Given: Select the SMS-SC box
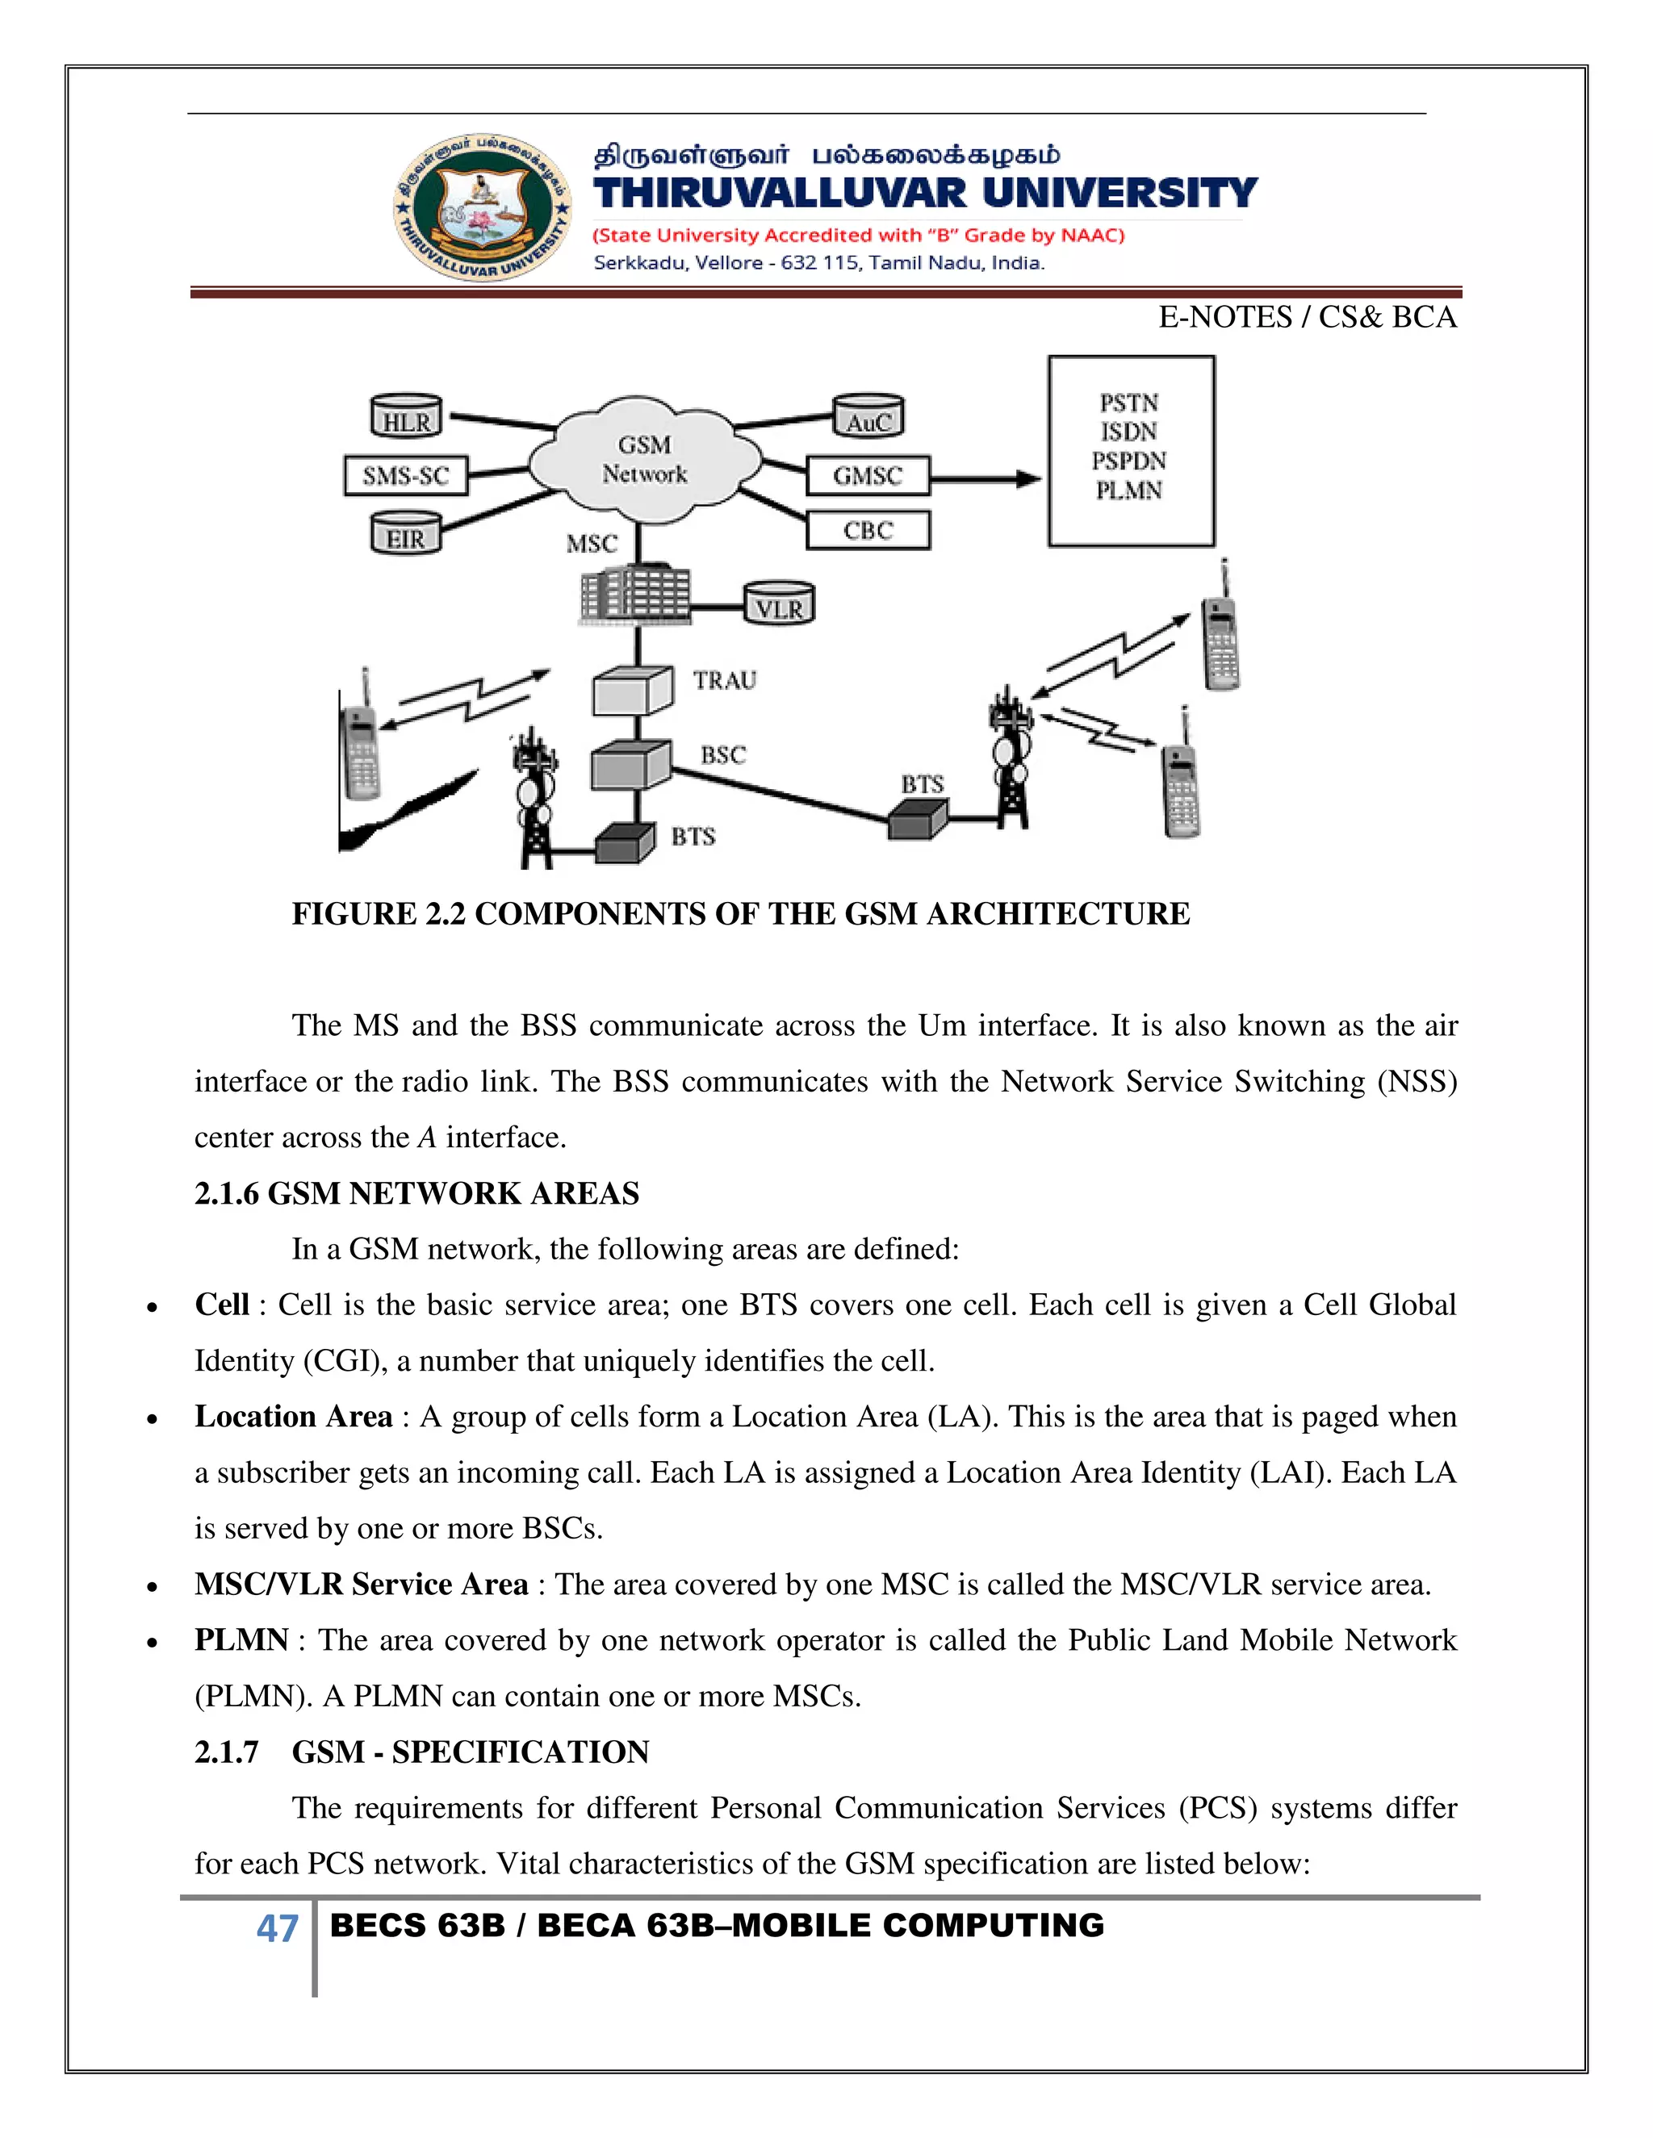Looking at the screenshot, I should pyautogui.click(x=405, y=476).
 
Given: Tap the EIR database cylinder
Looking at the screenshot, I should pyautogui.click(x=405, y=534).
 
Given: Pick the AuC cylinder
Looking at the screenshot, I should pyautogui.click(x=868, y=417).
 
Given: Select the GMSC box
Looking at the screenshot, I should pyautogui.click(x=868, y=476).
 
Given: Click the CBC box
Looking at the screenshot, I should pyautogui.click(x=868, y=531).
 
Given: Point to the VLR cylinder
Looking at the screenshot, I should pyautogui.click(x=779, y=605).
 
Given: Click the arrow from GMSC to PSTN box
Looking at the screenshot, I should pyautogui.click(x=984, y=478).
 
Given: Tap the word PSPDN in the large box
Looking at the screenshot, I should pyautogui.click(x=1129, y=461).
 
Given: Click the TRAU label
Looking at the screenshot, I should pyautogui.click(x=725, y=680).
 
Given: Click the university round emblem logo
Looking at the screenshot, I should pyautogui.click(x=483, y=207).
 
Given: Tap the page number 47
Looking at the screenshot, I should pyautogui.click(x=277, y=1927).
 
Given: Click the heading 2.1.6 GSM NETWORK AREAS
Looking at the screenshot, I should pyautogui.click(x=416, y=1193).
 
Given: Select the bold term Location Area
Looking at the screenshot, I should pyautogui.click(x=293, y=1417).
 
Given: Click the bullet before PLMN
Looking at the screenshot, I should pyautogui.click(x=152, y=1642).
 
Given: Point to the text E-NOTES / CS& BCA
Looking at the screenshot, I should pyautogui.click(x=1307, y=317).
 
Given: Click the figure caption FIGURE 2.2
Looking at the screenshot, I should pyautogui.click(x=740, y=913).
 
